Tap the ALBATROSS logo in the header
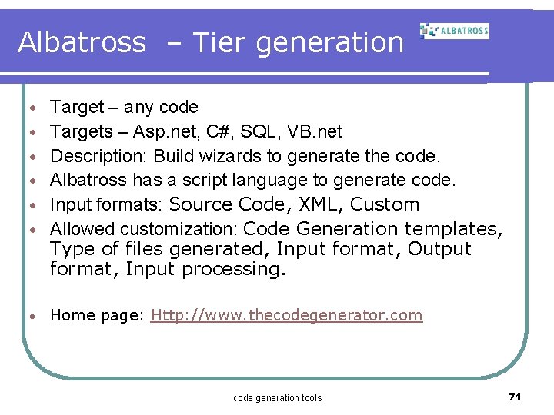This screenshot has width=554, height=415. tap(454, 31)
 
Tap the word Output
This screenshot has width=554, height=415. tap(439, 249)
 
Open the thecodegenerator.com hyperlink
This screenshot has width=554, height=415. tap(287, 315)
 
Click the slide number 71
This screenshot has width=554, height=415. tap(515, 397)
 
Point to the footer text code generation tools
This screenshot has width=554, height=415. tap(277, 398)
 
